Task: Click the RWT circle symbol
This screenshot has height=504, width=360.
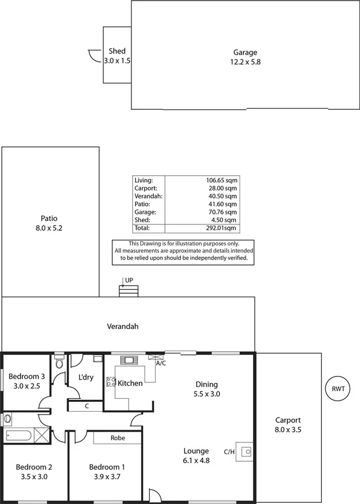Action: click(x=338, y=389)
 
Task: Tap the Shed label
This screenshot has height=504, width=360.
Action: click(x=117, y=52)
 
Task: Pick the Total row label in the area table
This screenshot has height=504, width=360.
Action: click(x=142, y=227)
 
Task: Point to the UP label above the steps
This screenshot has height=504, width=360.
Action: click(x=129, y=280)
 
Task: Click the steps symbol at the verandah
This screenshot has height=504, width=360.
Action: click(x=129, y=291)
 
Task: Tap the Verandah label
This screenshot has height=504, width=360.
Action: click(x=122, y=326)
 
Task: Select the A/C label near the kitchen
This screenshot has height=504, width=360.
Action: click(x=160, y=363)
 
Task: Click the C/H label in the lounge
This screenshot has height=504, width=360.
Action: click(x=230, y=452)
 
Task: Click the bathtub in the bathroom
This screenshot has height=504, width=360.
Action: click(x=19, y=435)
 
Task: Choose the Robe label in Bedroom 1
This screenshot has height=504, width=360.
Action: click(x=117, y=438)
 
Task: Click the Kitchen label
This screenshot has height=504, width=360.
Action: click(x=130, y=383)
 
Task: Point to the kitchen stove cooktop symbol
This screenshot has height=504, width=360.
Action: click(x=110, y=382)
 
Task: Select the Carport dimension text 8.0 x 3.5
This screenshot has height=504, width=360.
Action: click(x=288, y=429)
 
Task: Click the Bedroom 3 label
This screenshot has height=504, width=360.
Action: click(x=26, y=377)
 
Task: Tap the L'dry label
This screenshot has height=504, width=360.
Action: click(x=86, y=377)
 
